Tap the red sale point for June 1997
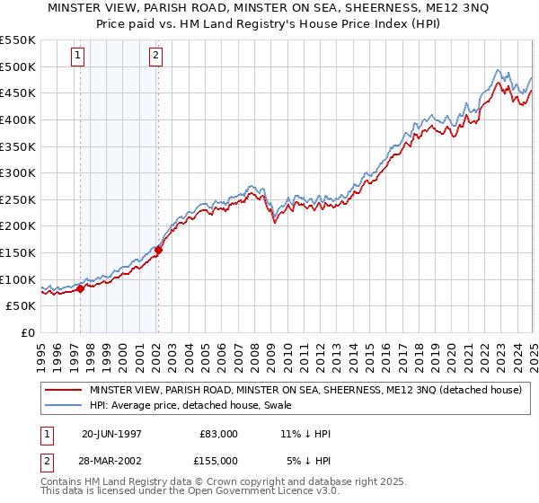click(x=81, y=288)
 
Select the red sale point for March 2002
click(x=159, y=251)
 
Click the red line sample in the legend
click(x=63, y=390)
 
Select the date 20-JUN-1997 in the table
click(x=111, y=434)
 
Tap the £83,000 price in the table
click(x=219, y=434)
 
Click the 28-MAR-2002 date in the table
click(x=111, y=462)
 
